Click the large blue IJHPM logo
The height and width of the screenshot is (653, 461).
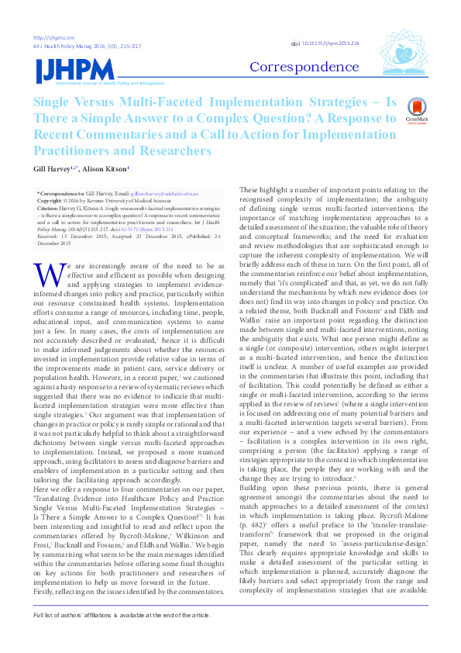pyautogui.click(x=67, y=69)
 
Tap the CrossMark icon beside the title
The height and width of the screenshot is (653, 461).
pyautogui.click(x=416, y=111)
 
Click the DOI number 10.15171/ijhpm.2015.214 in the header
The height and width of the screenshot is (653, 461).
pyautogui.click(x=331, y=44)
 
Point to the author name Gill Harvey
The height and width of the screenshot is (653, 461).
pyautogui.click(x=50, y=167)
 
